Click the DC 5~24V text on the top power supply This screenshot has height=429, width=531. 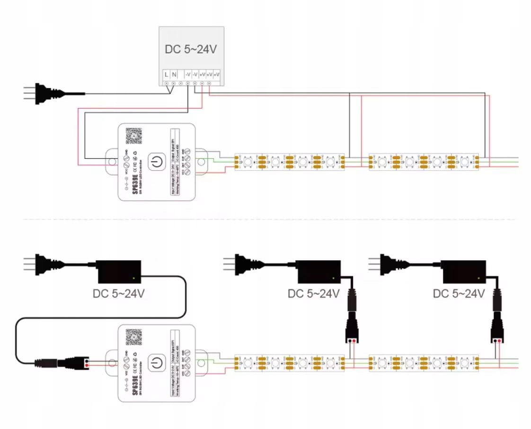[191, 49]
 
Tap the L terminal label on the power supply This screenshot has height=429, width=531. [166, 74]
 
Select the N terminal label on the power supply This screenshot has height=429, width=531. [174, 74]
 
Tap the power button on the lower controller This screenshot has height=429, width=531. [157, 364]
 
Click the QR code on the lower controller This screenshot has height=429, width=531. [134, 337]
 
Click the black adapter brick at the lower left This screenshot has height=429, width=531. [118, 270]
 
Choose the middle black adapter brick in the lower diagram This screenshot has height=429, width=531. [318, 271]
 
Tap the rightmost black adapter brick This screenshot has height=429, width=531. [464, 271]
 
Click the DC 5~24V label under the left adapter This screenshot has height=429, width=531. [118, 294]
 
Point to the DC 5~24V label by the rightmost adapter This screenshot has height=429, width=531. [459, 294]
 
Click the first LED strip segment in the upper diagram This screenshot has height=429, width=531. [289, 162]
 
